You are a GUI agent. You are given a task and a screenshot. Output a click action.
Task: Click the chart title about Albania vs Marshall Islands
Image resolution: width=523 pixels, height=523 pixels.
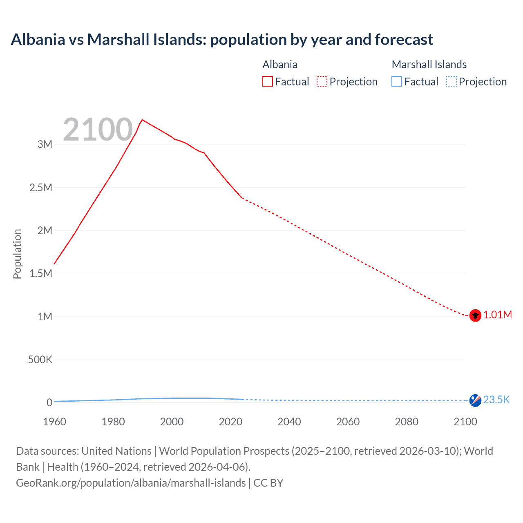222,40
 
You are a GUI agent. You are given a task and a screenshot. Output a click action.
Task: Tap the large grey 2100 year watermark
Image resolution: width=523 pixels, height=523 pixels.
98,130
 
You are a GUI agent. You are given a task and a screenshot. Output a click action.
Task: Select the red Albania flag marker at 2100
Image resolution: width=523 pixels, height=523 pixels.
475,315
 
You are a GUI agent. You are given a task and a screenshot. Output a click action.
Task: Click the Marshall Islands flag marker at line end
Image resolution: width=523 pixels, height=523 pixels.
475,400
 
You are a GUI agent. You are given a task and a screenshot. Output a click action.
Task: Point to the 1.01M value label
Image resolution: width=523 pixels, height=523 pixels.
498,315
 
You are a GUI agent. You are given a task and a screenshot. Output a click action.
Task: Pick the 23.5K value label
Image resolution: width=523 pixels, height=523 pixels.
496,400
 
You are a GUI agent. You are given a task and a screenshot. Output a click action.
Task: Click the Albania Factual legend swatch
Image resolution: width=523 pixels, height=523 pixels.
267,82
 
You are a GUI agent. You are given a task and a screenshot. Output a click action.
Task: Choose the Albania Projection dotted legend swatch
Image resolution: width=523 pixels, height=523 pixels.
322,82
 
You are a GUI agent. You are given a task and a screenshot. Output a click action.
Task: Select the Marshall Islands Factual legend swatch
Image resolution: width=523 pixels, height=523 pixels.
397,82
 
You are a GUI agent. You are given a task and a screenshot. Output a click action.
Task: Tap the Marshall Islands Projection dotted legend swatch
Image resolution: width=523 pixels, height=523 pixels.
451,82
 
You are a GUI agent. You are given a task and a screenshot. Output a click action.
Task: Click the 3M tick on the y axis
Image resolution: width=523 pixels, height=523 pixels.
45,145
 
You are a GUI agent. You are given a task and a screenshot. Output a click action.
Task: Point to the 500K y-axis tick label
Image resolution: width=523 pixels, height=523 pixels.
40,360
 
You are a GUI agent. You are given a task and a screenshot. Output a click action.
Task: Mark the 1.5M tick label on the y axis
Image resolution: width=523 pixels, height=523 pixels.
41,274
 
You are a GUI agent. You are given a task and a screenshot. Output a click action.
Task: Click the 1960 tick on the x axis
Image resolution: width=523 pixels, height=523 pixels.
54,422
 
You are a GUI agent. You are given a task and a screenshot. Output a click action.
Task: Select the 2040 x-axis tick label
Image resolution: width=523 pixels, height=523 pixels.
289,422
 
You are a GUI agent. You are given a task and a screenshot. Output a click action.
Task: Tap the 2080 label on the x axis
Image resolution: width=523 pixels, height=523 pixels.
407,422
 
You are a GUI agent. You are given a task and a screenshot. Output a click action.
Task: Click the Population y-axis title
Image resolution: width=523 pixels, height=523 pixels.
17,254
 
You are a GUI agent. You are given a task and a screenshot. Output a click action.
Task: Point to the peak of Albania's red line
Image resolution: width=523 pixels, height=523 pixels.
142,120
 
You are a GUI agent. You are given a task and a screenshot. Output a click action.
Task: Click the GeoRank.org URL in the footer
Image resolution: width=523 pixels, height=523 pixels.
131,483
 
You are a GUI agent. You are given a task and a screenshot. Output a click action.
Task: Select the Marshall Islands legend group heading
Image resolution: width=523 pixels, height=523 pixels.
429,65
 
